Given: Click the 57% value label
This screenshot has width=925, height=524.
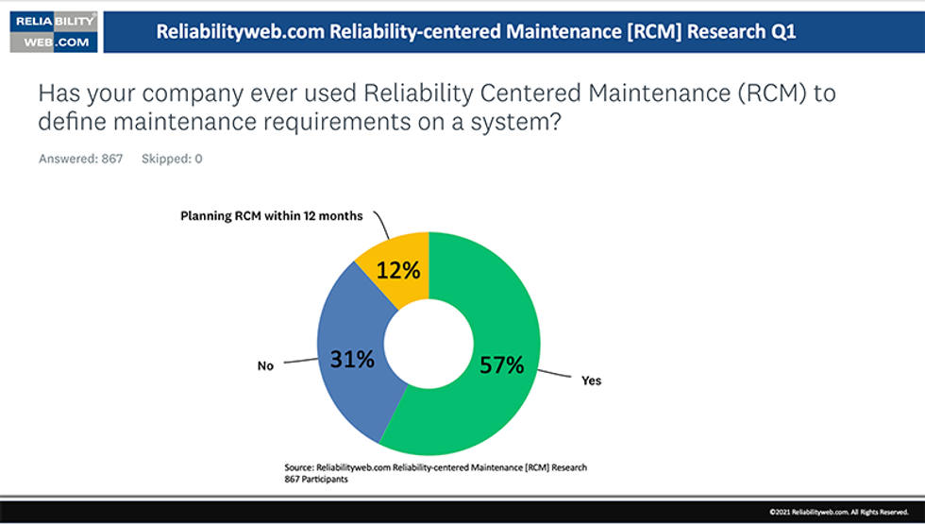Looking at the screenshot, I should tap(500, 364).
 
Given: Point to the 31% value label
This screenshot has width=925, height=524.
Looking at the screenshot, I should tap(352, 359).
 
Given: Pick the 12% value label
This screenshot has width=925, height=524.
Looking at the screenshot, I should tap(397, 270).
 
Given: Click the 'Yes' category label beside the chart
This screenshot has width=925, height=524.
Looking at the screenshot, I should tap(592, 381).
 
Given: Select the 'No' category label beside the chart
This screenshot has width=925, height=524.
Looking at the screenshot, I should tap(265, 364).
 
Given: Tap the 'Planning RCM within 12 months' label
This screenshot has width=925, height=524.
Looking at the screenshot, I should tap(272, 216).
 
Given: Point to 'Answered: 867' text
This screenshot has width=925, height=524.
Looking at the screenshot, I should tap(80, 159).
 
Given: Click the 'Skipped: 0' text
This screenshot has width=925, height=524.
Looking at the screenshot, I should tap(172, 159).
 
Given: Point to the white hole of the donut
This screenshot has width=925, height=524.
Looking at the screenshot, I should tap(429, 344).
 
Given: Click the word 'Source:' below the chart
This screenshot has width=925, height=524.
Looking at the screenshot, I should tap(299, 467).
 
